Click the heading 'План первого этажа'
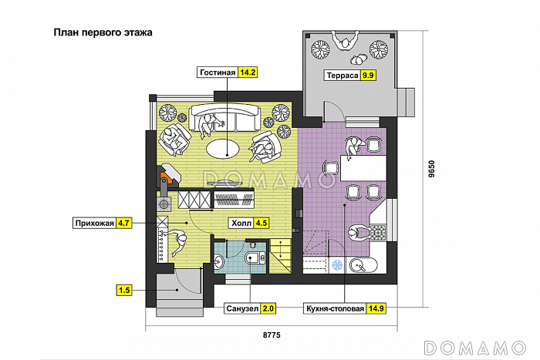click(x=103, y=32)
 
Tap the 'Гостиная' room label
click(x=218, y=72)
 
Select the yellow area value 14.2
click(x=248, y=72)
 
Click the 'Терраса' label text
click(x=343, y=76)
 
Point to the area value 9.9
click(x=368, y=76)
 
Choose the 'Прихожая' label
click(x=94, y=223)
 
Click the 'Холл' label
click(x=241, y=223)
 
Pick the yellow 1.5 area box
click(x=124, y=290)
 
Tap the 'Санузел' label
click(x=242, y=308)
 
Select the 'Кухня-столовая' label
click(x=335, y=308)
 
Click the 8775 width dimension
click(x=272, y=335)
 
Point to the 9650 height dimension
click(x=432, y=169)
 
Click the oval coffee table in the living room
click(x=223, y=149)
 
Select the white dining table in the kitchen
click(x=363, y=168)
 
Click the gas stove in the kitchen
click(x=378, y=232)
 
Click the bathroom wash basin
click(x=218, y=262)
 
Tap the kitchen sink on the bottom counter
click(x=363, y=265)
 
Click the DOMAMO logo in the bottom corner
click(x=475, y=348)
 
